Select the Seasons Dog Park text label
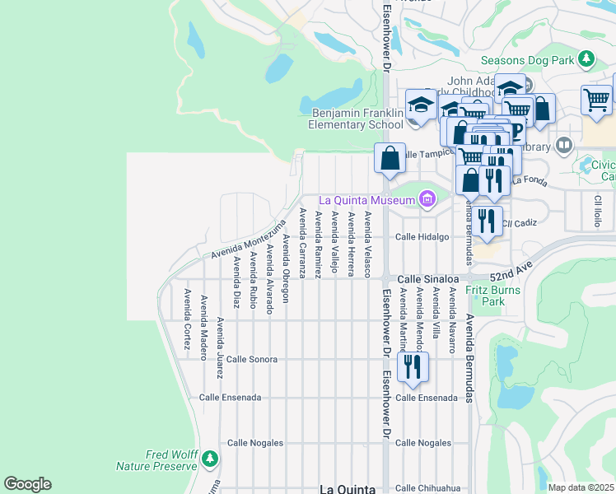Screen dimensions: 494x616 526,59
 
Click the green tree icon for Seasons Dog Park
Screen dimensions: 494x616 586,58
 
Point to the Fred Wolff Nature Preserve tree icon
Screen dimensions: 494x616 211,458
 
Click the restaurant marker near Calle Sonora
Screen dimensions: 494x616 413,366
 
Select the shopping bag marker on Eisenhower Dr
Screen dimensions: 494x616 390,157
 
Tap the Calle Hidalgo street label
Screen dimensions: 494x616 422,236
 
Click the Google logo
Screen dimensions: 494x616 27,484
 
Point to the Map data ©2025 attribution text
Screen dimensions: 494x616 581,487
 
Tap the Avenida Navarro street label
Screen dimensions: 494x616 452,327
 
